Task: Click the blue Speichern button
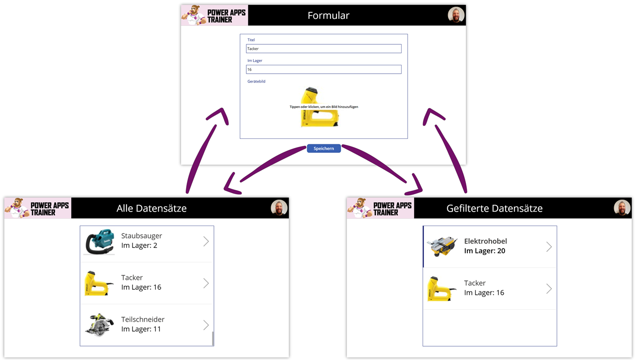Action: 323,148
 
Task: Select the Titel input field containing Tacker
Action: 323,49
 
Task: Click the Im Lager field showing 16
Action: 323,70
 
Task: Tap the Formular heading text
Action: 328,15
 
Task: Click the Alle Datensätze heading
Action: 151,208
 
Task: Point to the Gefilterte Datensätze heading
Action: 494,208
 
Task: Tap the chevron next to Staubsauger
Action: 206,241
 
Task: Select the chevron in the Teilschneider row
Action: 206,325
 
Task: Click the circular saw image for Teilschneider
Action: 100,325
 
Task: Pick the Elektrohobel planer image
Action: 442,246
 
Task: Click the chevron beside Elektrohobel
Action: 549,247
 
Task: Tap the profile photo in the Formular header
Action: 456,15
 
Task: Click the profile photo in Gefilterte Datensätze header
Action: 622,208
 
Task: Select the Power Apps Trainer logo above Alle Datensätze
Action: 38,208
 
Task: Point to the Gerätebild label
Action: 256,81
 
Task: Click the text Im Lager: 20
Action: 484,251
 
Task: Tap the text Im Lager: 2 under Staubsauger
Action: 139,245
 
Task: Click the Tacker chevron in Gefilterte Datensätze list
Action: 549,289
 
